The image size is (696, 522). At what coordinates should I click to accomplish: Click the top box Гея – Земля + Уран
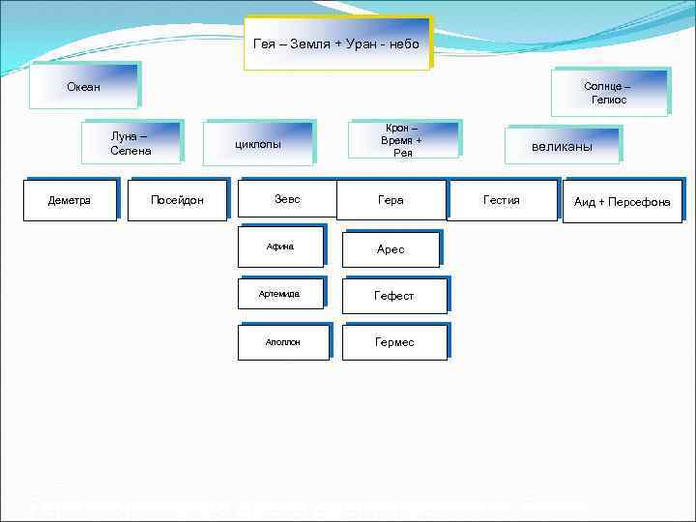[336, 44]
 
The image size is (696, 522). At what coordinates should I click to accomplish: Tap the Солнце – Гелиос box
[608, 93]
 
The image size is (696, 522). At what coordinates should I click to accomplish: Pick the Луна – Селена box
[131, 144]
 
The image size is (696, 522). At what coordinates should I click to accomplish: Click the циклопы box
[259, 144]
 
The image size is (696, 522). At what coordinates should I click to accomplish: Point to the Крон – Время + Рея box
[403, 140]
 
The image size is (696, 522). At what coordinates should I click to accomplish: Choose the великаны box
[562, 146]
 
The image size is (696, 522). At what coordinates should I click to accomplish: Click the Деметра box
[70, 200]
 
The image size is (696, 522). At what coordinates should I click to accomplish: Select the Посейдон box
[177, 200]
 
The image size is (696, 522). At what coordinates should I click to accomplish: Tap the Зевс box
[287, 199]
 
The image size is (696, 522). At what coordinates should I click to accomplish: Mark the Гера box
[391, 200]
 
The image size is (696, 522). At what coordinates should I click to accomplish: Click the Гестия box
[502, 200]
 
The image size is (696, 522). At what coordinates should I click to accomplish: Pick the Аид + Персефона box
[623, 202]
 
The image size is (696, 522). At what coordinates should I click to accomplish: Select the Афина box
[280, 246]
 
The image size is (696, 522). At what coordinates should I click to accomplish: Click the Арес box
[391, 249]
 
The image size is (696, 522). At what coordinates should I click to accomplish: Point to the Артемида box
[280, 294]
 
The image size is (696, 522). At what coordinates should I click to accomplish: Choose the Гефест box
[394, 296]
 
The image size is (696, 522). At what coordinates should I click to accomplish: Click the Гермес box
[394, 342]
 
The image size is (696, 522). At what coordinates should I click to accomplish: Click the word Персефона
[641, 202]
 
